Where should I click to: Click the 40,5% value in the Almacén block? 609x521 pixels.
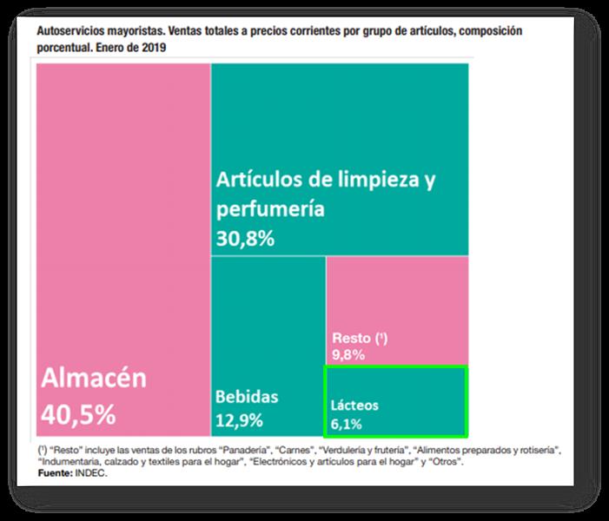pyautogui.click(x=78, y=414)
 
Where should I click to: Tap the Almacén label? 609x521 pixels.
pyautogui.click(x=94, y=379)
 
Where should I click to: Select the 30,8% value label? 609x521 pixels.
pyautogui.click(x=246, y=239)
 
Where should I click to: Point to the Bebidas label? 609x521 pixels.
pyautogui.click(x=247, y=397)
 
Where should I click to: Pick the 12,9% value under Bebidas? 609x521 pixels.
pyautogui.click(x=238, y=423)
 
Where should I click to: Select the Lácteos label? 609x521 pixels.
pyautogui.click(x=354, y=406)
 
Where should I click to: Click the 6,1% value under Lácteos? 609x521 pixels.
pyautogui.click(x=346, y=424)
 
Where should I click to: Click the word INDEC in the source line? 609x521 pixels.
pyautogui.click(x=91, y=474)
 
